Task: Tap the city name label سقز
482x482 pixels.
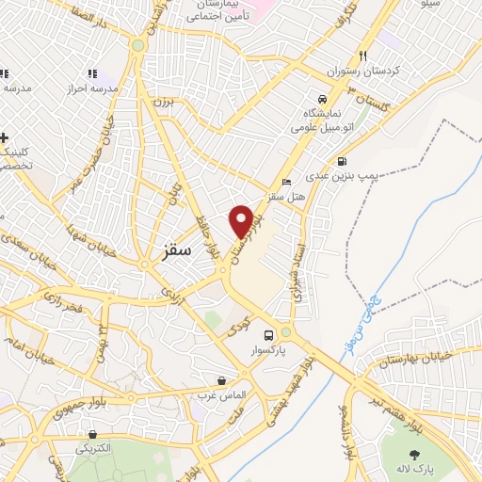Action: tap(176, 251)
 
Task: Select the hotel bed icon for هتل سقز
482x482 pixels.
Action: tap(287, 181)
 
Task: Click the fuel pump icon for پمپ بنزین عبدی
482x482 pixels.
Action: tap(341, 161)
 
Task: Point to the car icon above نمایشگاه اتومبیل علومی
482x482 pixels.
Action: tap(324, 99)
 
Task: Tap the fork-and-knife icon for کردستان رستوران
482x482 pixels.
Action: tap(362, 56)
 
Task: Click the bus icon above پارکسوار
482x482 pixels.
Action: tap(270, 336)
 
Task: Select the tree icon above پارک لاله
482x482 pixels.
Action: tap(415, 456)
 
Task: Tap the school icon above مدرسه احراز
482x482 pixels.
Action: tap(91, 73)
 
